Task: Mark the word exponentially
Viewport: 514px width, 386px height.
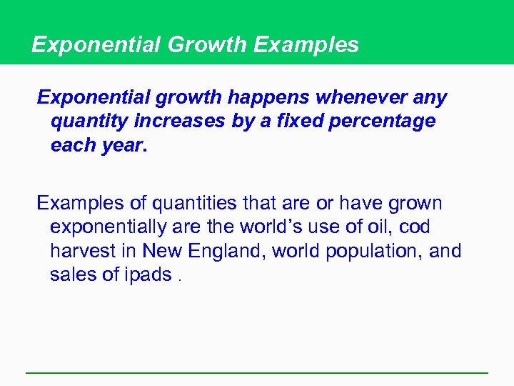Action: click(x=108, y=227)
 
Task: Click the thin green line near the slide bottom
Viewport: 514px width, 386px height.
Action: click(x=257, y=372)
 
